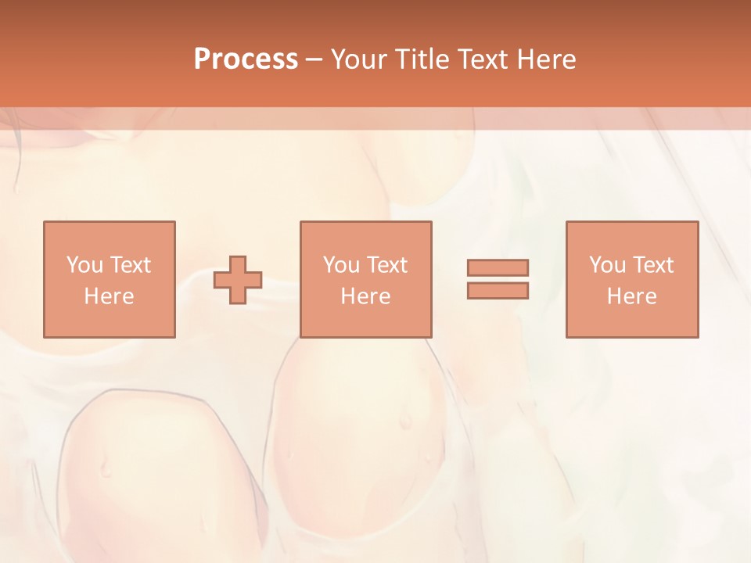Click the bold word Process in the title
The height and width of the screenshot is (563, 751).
click(x=246, y=59)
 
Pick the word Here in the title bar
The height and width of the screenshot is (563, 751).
click(x=548, y=59)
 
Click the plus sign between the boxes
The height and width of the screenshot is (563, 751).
click(x=238, y=280)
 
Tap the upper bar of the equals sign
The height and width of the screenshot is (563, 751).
click(x=498, y=268)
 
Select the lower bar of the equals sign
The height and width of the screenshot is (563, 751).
click(x=498, y=291)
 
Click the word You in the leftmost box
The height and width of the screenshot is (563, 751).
click(x=84, y=265)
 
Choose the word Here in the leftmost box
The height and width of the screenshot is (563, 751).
click(x=109, y=296)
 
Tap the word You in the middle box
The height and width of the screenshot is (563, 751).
click(x=341, y=265)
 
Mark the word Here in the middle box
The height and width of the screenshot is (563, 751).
click(x=365, y=296)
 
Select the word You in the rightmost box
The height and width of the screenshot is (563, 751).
click(x=607, y=265)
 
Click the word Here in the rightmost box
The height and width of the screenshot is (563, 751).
click(x=631, y=296)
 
